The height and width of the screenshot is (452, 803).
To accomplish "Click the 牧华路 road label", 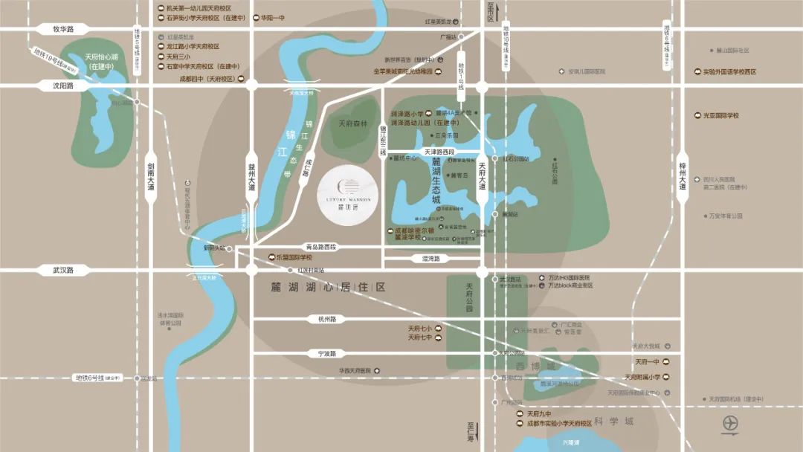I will tap(63, 29).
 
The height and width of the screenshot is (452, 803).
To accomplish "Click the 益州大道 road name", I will tap(251, 178).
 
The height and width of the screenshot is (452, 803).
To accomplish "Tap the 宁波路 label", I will tap(328, 353).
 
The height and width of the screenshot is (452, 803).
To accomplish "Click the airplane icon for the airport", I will tap(731, 424).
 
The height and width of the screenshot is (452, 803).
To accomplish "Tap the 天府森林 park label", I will tap(353, 124).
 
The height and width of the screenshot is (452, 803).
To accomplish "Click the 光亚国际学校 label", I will tap(722, 115).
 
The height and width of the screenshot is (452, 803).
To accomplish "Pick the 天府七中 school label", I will tap(420, 338).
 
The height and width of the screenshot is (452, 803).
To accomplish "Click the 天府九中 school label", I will tap(538, 413).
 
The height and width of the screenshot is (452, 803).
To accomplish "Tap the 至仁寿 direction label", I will tap(471, 432).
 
